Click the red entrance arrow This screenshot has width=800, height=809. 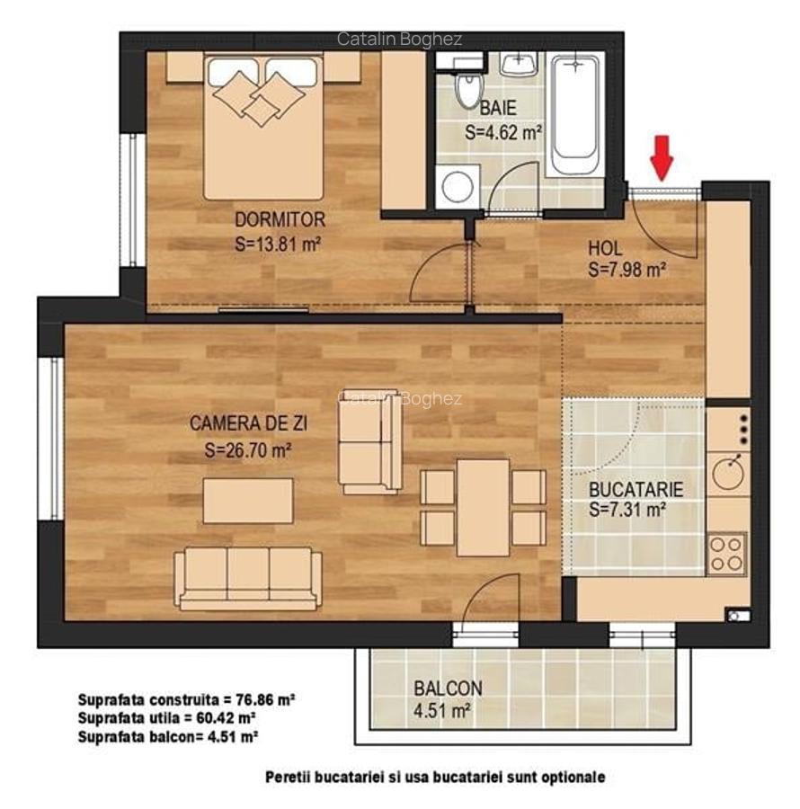(x=662, y=158)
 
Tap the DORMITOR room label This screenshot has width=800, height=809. (x=280, y=219)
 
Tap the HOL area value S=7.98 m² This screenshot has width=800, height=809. (x=627, y=269)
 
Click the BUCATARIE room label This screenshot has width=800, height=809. (x=636, y=490)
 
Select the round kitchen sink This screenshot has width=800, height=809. (x=728, y=469)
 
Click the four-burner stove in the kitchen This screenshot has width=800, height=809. (x=727, y=554)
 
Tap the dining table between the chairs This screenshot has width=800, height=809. (x=483, y=507)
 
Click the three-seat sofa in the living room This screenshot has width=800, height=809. (x=248, y=578)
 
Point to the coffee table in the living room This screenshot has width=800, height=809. (x=247, y=501)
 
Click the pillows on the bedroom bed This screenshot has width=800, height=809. (x=261, y=94)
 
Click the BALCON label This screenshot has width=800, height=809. (x=448, y=689)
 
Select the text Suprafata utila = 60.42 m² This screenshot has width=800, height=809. (x=167, y=717)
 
